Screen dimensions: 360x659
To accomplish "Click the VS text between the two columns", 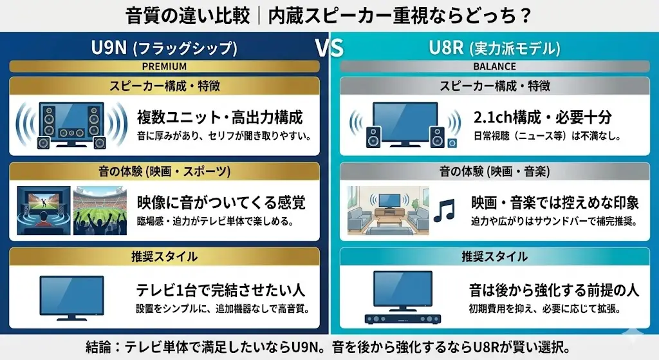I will tap(329, 48).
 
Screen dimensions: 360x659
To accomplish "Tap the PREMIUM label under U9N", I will tap(164, 66).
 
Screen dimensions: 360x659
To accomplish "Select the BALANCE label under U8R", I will tap(494, 66).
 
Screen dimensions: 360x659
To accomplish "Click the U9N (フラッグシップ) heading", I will tap(164, 48).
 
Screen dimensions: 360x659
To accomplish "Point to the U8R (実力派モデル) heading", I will tap(494, 48).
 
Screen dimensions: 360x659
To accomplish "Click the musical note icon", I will tap(443, 210).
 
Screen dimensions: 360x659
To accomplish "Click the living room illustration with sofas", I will tap(387, 210).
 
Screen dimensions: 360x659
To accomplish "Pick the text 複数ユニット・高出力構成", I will tap(219, 117).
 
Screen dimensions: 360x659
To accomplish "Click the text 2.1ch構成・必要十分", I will tap(542, 117).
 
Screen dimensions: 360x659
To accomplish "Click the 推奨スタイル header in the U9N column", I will tap(164, 257).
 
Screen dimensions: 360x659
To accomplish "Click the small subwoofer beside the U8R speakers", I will tap(453, 142).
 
